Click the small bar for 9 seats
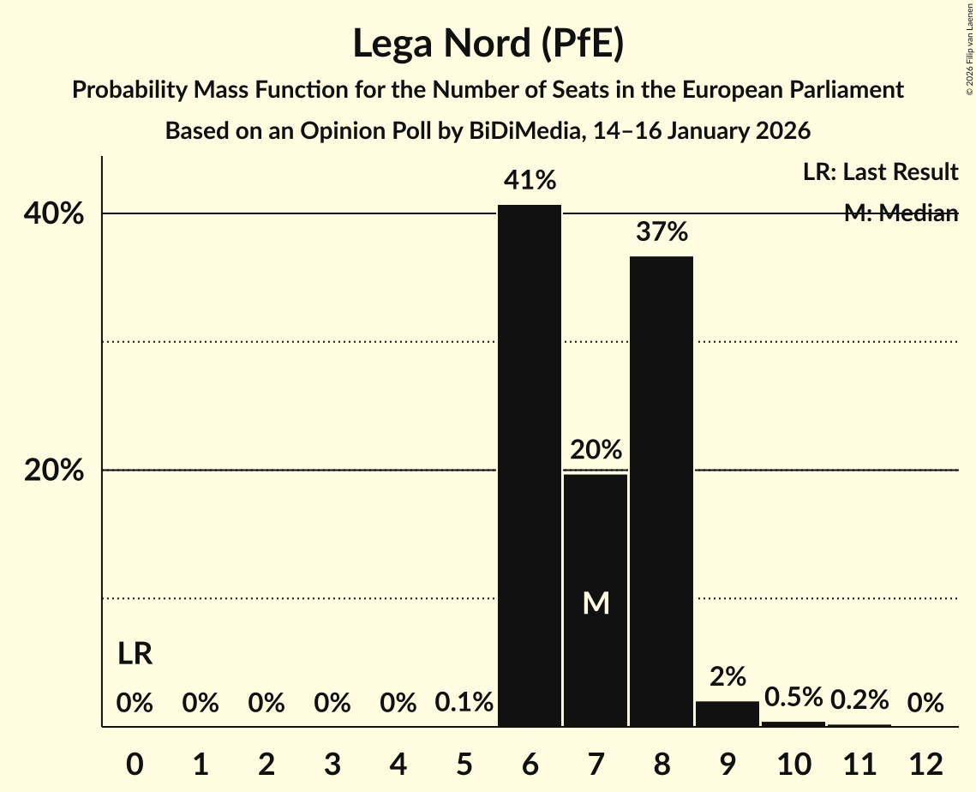click(x=728, y=714)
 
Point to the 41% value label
click(x=530, y=181)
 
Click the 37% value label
click(x=662, y=231)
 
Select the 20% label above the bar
click(x=596, y=450)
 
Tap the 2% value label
click(x=728, y=677)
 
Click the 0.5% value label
click(x=793, y=698)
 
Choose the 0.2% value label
click(x=859, y=700)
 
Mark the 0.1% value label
click(x=464, y=704)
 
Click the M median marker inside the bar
click(x=596, y=603)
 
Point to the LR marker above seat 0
click(x=135, y=655)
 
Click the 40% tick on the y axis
click(x=54, y=214)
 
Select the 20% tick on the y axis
click(x=54, y=471)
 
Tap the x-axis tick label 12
click(x=925, y=764)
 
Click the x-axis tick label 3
click(x=332, y=764)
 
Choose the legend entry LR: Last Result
click(x=880, y=172)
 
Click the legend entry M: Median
click(x=901, y=213)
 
